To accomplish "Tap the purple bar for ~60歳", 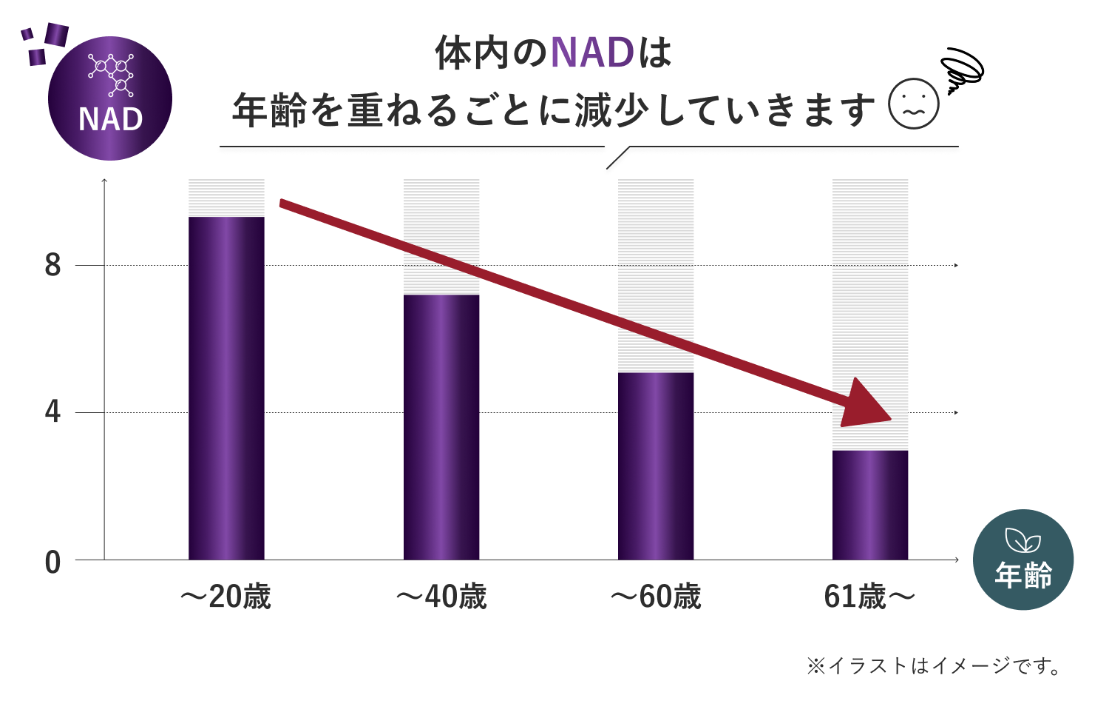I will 656,466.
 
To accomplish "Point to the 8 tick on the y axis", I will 52,265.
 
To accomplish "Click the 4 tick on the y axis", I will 52,412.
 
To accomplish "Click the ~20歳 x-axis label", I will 226,597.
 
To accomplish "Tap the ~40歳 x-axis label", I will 441,597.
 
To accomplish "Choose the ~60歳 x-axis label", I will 656,597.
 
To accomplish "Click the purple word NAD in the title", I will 592,53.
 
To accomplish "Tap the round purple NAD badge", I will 110,98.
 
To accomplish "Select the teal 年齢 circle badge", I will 1023,560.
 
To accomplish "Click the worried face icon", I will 914,104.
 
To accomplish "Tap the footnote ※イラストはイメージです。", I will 935,666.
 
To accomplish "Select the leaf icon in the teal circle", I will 1023,541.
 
